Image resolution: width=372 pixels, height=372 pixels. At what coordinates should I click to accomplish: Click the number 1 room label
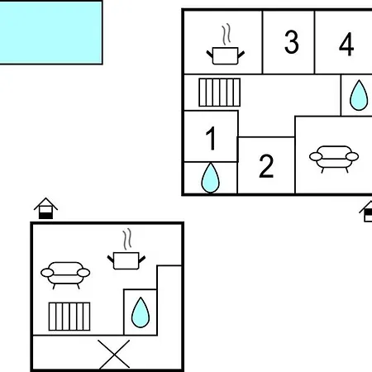point(211,138)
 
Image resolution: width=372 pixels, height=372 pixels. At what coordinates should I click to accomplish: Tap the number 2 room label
point(266,166)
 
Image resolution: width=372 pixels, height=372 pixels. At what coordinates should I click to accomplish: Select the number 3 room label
point(292,41)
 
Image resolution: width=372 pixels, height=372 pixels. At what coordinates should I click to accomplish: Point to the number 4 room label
point(346,44)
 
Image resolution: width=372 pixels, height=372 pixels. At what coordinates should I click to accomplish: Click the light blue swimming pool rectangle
point(50,32)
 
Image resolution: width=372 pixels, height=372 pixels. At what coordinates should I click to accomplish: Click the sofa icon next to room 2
point(334,159)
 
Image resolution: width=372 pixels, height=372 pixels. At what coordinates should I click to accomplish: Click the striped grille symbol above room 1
point(220,93)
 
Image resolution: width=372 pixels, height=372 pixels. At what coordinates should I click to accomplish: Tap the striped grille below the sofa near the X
point(69,317)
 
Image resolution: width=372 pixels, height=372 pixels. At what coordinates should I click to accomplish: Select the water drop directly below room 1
point(211,178)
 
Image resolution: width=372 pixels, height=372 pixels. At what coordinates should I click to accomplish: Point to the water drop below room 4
point(359,95)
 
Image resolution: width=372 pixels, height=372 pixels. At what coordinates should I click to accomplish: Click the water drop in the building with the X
point(141,312)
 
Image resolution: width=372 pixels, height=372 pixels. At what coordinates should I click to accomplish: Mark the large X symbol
point(114,354)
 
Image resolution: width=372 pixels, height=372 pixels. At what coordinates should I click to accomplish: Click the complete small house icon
point(45,208)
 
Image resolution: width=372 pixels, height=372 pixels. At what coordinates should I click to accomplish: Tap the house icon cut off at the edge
point(365,212)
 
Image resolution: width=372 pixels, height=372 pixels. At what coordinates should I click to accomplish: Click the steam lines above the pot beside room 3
point(227,35)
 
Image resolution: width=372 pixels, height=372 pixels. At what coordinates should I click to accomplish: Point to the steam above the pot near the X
point(127,239)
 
